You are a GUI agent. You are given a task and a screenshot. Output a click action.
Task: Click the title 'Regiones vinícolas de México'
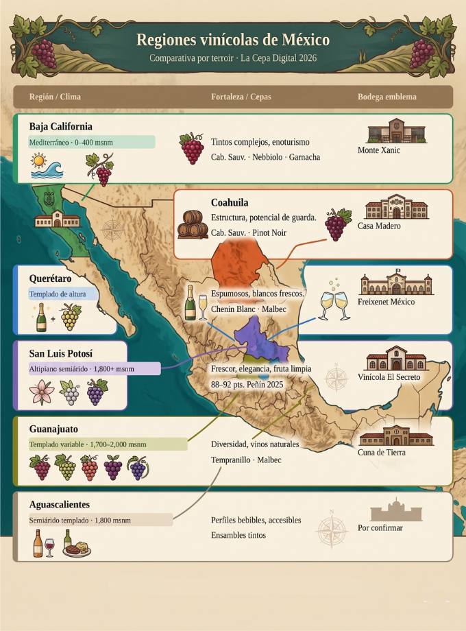[233, 40]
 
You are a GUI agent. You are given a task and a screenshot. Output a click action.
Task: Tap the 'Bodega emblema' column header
[387, 97]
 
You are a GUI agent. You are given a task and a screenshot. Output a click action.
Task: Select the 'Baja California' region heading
[61, 127]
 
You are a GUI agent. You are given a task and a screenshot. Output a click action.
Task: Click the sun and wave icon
[46, 166]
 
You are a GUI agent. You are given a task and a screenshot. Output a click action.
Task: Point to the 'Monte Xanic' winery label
[379, 150]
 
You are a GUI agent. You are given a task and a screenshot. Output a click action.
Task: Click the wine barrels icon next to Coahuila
[193, 224]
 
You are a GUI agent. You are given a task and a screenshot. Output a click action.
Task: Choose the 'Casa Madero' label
[379, 226]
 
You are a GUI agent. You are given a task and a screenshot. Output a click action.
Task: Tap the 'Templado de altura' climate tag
[58, 295]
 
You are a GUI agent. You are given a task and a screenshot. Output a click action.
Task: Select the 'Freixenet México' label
[386, 302]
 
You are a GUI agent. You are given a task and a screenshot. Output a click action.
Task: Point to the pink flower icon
[41, 393]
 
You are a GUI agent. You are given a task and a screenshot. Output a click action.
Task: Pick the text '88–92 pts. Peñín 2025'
[247, 385]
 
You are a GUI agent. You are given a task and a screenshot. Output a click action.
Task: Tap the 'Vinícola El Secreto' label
[389, 377]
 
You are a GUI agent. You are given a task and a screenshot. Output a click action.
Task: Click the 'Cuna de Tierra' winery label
[381, 452]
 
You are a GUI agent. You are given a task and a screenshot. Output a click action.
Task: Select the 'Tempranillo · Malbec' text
[245, 460]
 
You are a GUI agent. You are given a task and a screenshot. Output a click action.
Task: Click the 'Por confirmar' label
[380, 528]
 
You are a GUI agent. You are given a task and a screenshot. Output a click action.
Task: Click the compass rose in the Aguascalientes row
[332, 530]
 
